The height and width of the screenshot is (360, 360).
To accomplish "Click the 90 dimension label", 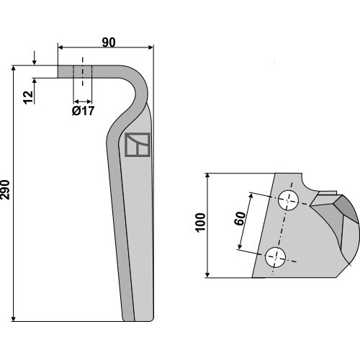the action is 109,42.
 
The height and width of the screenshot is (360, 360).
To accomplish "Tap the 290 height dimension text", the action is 5,189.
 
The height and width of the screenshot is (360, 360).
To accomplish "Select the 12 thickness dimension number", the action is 28,97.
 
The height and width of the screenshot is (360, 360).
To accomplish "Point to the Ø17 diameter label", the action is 83,111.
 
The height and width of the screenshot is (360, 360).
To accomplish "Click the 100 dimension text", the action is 201,222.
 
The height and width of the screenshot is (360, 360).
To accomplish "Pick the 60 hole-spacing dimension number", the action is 240,218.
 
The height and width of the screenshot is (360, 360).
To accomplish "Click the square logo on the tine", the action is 138,145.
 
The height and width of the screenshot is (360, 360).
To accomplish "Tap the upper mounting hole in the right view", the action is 288,200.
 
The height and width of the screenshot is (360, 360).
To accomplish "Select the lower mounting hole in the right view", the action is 275,257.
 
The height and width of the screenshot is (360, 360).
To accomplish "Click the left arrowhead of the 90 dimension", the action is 60,48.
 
